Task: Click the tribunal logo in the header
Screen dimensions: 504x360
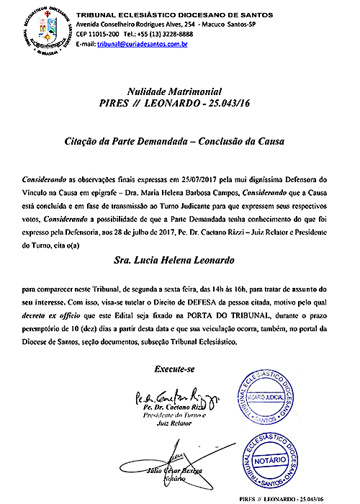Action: point(40,30)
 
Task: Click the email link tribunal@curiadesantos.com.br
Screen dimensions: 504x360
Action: point(142,44)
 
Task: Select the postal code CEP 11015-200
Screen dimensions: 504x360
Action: point(99,34)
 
